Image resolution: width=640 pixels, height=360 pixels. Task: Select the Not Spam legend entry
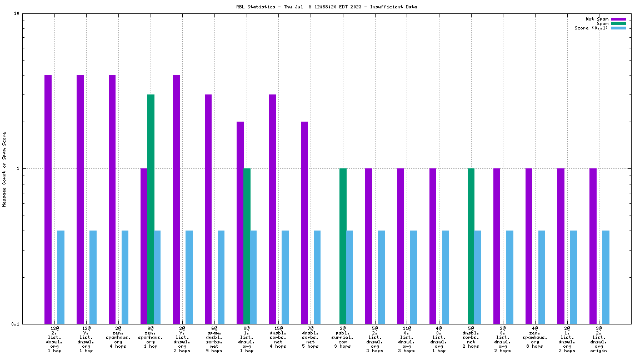[597, 19]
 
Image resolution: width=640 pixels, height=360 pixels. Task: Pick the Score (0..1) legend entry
[592, 28]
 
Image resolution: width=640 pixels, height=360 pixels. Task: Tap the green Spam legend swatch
[618, 23]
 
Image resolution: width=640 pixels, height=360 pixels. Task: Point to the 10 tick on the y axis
[17, 13]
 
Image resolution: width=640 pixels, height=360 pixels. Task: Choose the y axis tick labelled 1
[18, 168]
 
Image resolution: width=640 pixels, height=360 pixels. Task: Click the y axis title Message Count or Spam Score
[4, 169]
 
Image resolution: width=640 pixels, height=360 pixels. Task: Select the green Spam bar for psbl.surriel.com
[343, 246]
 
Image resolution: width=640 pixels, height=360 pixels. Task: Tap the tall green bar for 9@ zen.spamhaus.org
[151, 209]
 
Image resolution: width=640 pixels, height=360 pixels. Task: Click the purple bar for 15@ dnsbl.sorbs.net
[272, 209]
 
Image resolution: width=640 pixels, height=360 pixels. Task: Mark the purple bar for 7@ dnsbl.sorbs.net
[304, 222]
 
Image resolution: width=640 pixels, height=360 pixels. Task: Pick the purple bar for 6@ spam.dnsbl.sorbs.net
[208, 209]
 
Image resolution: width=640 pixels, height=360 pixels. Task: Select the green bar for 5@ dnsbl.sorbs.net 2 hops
[471, 246]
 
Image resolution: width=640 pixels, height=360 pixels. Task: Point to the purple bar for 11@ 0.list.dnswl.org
[401, 246]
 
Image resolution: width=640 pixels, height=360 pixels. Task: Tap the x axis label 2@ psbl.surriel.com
[343, 337]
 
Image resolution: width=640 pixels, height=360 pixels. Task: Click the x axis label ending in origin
[599, 339]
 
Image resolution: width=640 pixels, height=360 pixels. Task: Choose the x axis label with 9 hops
[214, 339]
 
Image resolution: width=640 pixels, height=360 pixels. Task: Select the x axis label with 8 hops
[535, 337]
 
